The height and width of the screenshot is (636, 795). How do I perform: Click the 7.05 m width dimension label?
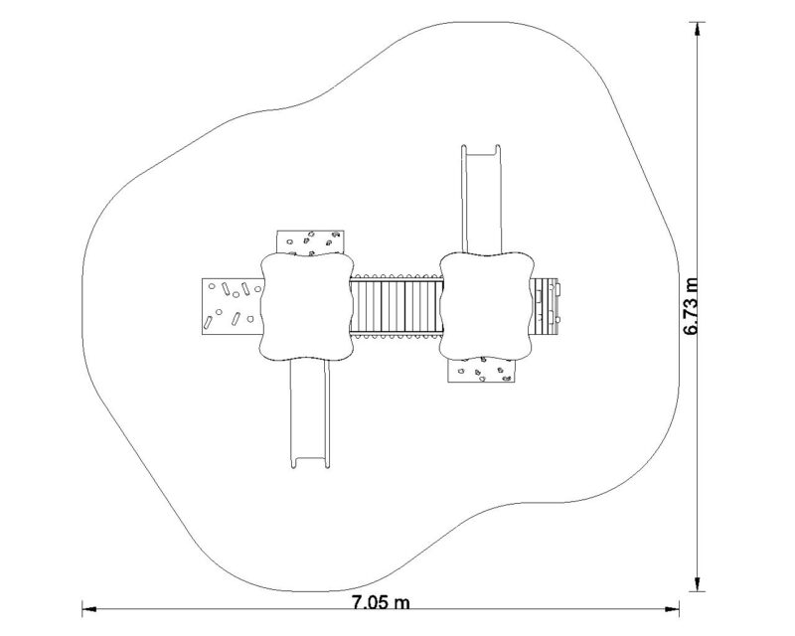(x=381, y=602)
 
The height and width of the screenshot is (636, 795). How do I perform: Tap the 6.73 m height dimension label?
(x=691, y=306)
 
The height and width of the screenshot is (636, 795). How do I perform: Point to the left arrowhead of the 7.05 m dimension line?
(x=89, y=608)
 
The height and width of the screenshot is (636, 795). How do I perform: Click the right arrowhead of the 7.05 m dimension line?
(x=673, y=608)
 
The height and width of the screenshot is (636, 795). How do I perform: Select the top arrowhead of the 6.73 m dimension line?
(x=698, y=30)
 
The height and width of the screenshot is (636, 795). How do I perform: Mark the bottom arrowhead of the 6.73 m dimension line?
(x=698, y=583)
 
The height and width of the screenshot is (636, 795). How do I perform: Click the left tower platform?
(x=306, y=306)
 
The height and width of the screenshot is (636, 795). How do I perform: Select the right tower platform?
(x=487, y=306)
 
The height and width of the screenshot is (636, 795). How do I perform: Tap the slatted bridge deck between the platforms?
(x=396, y=306)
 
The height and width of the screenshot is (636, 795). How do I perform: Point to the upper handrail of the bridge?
(x=396, y=277)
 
